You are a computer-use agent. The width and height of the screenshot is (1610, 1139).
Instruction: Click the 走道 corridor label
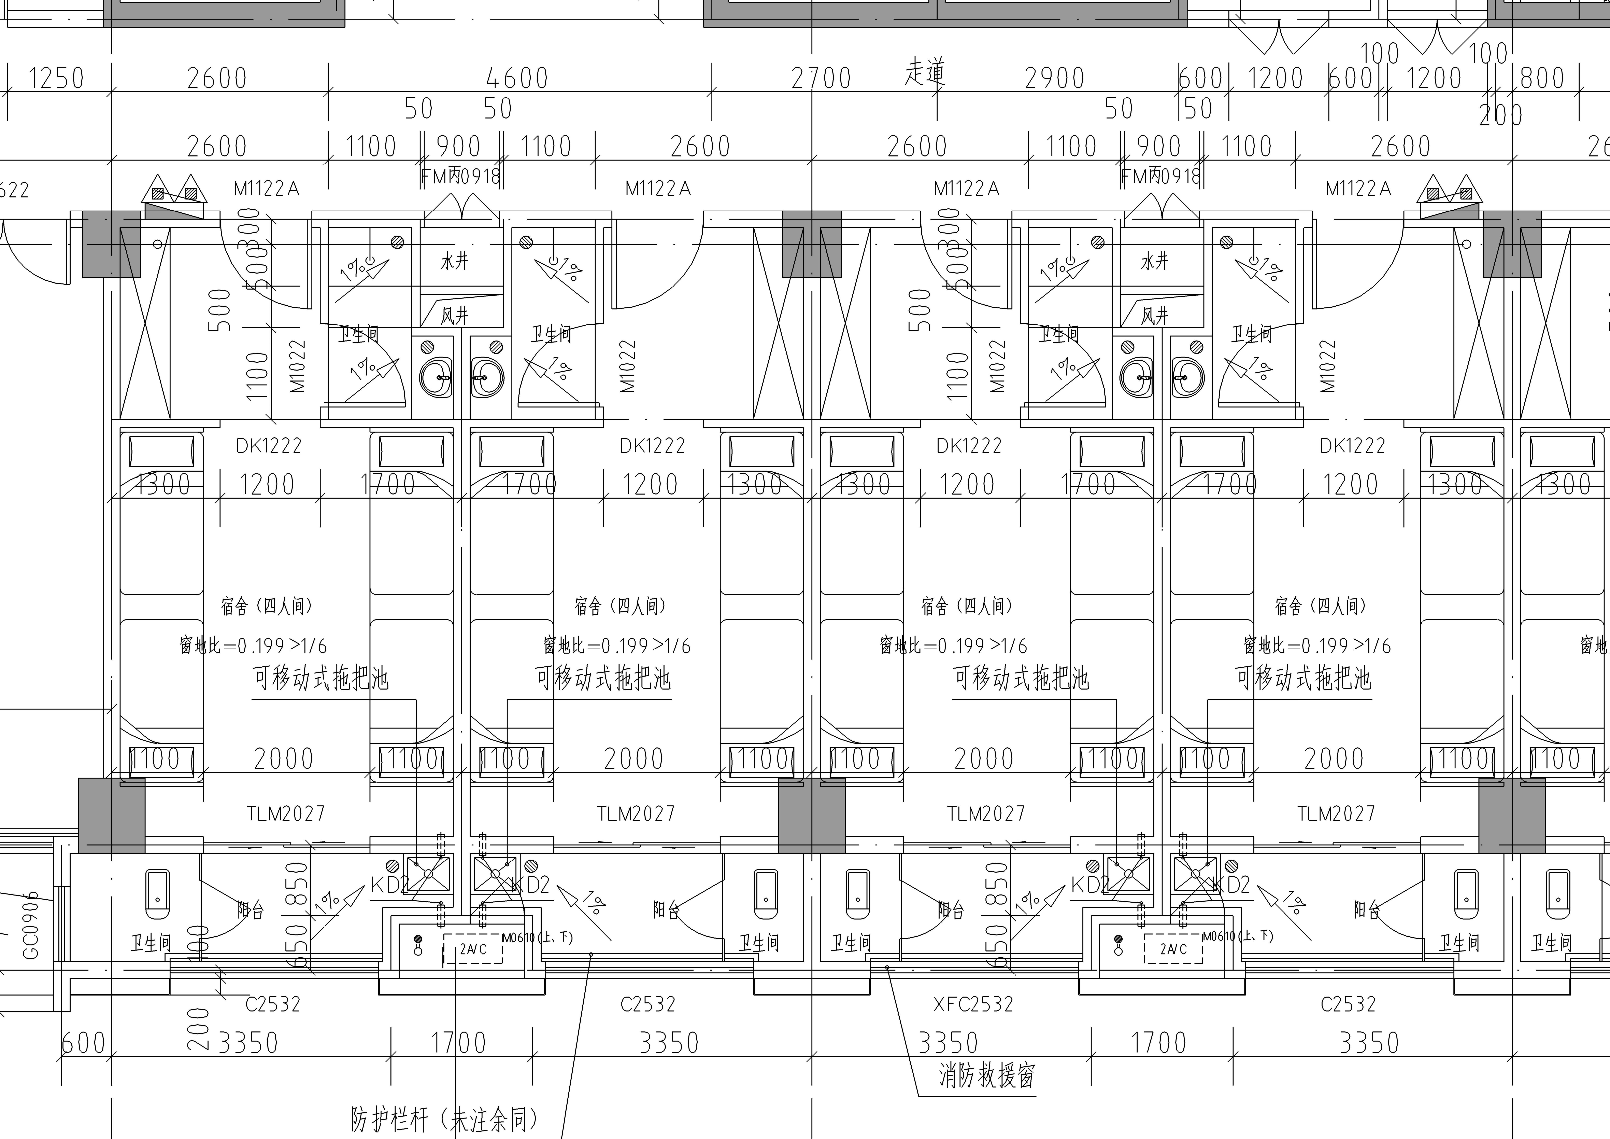click(x=924, y=72)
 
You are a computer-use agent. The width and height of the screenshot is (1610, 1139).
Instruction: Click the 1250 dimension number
click(x=56, y=78)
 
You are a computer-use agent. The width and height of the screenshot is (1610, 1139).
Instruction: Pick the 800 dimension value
click(x=1542, y=78)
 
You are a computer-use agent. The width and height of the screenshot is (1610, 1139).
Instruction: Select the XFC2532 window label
click(x=973, y=1004)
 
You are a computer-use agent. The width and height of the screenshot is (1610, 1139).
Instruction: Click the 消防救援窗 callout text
click(x=987, y=1075)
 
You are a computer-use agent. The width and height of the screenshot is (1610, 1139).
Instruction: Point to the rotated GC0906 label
click(x=31, y=926)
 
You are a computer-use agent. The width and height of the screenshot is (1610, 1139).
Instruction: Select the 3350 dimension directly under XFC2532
click(x=948, y=1043)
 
